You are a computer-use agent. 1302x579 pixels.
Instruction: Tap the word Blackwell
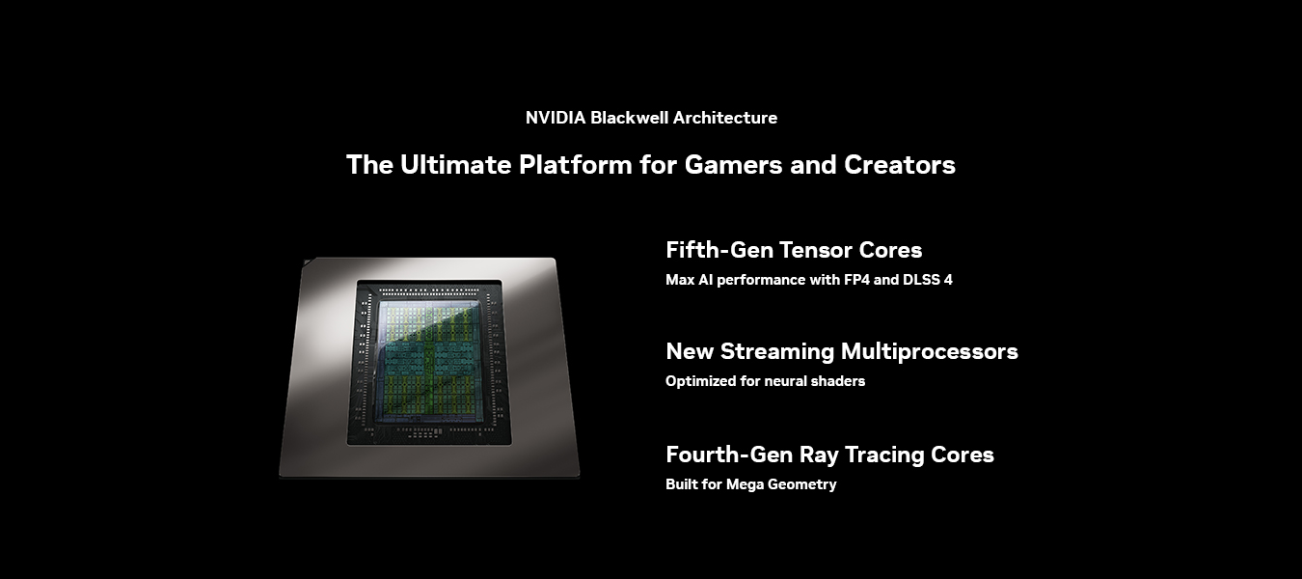(x=629, y=118)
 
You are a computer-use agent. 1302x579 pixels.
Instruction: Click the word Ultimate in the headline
(x=455, y=164)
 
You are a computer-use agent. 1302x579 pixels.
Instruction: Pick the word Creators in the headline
(x=899, y=165)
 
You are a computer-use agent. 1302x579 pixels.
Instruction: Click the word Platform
(x=576, y=164)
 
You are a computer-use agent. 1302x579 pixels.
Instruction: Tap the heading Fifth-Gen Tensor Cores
(x=794, y=250)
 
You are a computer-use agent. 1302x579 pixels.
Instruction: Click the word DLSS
(x=922, y=280)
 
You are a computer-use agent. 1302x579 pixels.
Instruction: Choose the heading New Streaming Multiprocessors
(x=842, y=351)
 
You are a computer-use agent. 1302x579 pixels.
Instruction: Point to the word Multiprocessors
(x=930, y=352)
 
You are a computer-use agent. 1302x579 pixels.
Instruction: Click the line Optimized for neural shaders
(x=765, y=381)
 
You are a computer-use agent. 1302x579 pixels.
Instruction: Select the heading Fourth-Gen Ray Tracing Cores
(x=830, y=455)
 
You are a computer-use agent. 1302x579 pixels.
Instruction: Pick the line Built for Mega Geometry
(x=751, y=484)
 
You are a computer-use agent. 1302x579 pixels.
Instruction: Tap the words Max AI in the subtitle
(x=690, y=280)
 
